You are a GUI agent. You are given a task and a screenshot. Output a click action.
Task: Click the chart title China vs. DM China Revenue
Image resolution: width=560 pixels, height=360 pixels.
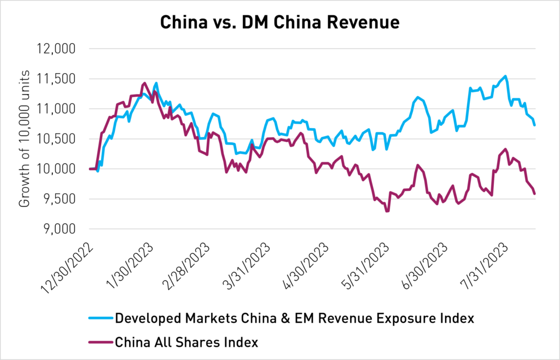(279, 22)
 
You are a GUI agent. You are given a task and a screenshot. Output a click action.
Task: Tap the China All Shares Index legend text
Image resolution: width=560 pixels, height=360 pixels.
(186, 342)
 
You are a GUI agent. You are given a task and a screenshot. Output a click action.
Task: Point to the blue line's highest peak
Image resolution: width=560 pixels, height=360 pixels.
(505, 76)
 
